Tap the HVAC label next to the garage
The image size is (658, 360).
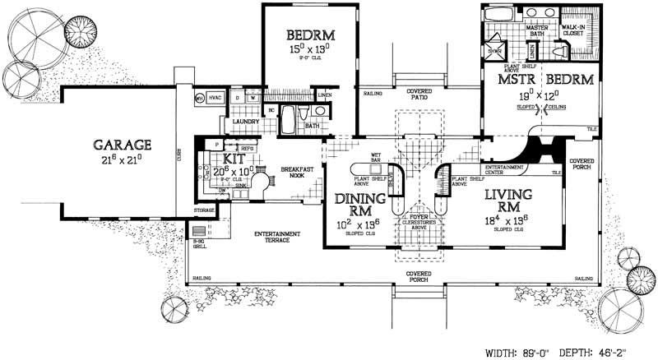tap(215, 98)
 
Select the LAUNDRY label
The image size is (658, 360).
tap(246, 122)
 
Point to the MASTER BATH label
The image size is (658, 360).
tap(537, 31)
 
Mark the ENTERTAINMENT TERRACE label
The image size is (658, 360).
tap(276, 237)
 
